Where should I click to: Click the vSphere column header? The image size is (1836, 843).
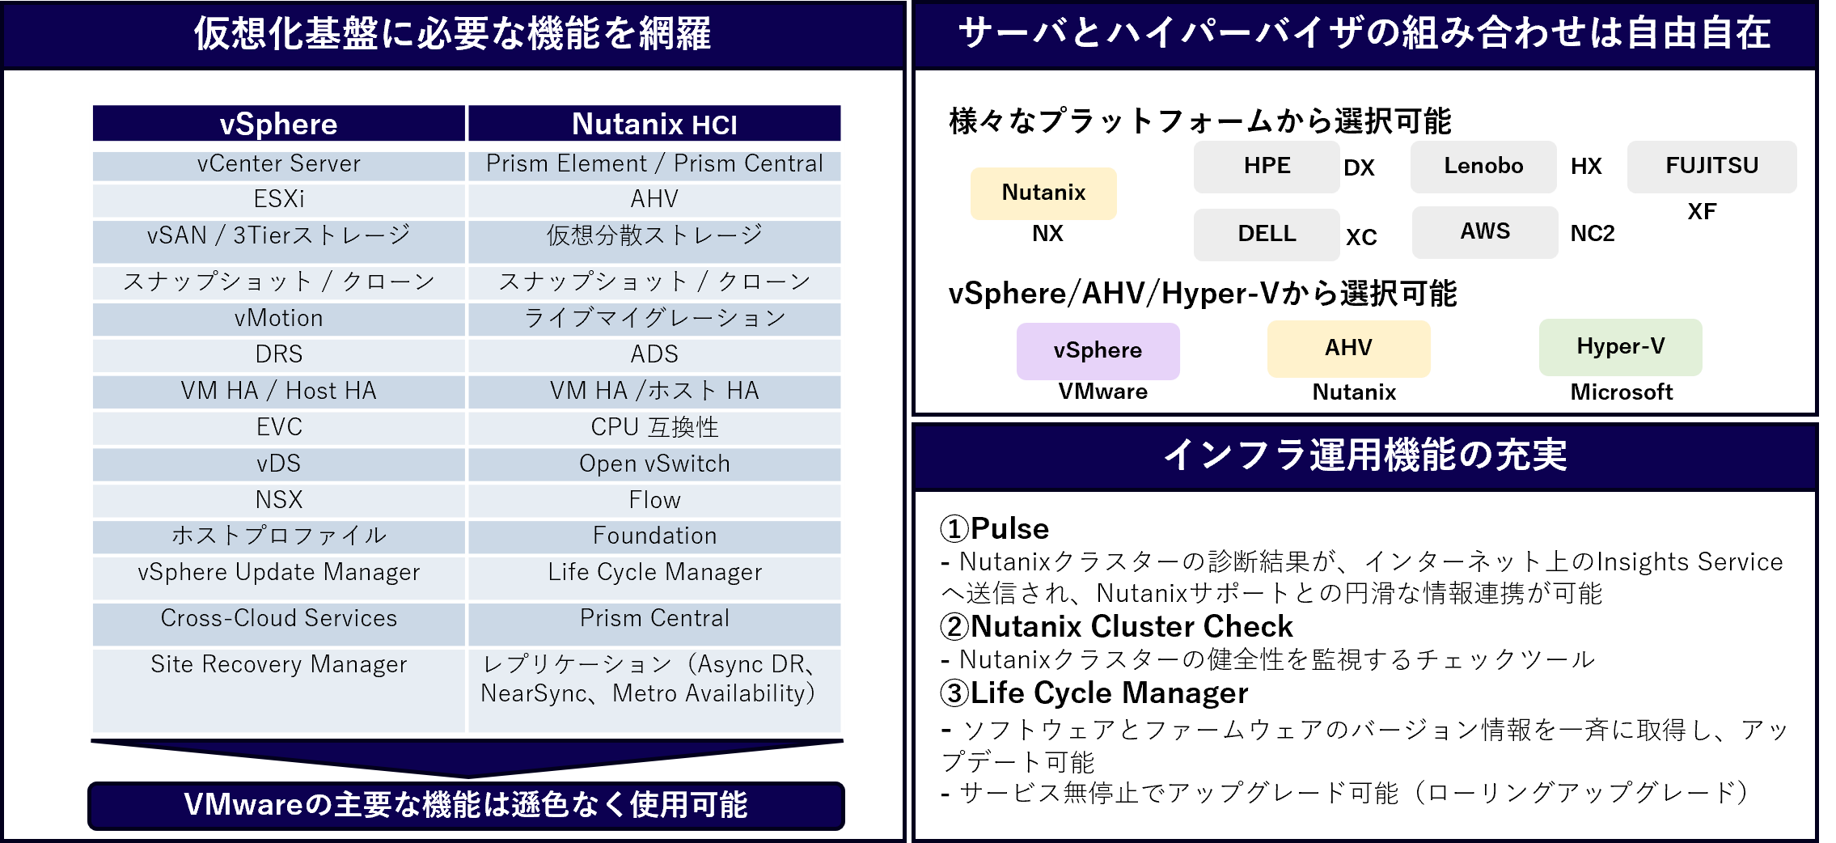(x=279, y=124)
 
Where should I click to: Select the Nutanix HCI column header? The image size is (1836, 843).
(x=654, y=124)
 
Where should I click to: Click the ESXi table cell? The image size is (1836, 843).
(x=279, y=200)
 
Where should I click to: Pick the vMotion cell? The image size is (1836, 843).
(x=279, y=319)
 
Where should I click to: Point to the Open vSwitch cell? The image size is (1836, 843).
(x=654, y=464)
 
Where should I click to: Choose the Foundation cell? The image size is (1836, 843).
(x=654, y=536)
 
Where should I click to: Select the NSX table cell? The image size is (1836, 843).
(x=279, y=501)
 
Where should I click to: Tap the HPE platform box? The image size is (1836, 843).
(x=1267, y=167)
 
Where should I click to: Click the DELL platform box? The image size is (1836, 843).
(x=1267, y=235)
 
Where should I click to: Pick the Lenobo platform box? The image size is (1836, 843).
(x=1483, y=167)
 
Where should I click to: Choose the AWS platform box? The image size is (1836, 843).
(x=1485, y=232)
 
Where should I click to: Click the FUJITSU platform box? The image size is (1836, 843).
(x=1712, y=167)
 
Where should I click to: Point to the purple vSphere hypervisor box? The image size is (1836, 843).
(x=1098, y=351)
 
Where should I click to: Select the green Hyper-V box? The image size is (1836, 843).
(x=1621, y=347)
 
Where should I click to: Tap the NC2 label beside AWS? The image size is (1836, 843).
(x=1593, y=234)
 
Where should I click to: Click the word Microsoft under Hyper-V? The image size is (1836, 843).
(x=1622, y=392)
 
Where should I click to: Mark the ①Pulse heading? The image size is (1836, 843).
(x=994, y=528)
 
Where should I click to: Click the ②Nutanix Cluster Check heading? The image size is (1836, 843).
(x=1116, y=626)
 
